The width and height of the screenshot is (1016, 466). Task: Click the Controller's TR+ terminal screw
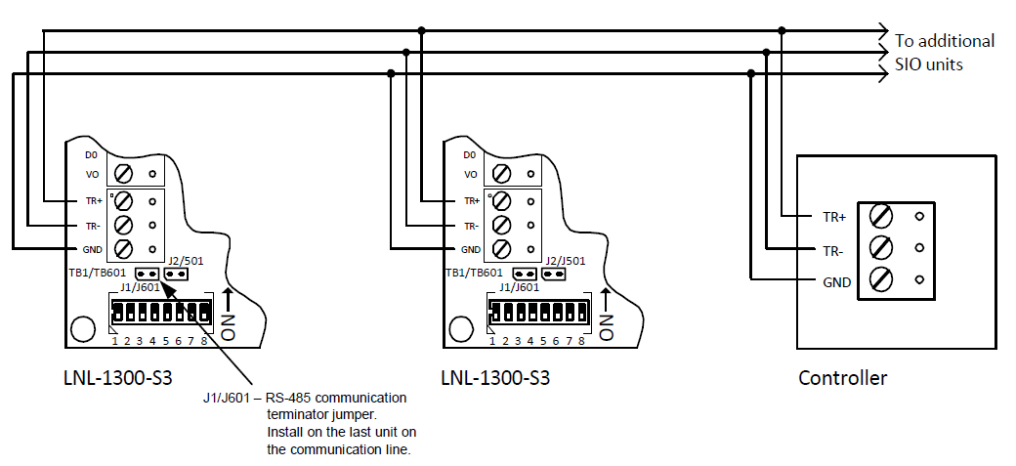pos(879,215)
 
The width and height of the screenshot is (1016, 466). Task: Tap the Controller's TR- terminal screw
pos(879,247)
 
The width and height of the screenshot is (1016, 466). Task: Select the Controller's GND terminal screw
pos(879,280)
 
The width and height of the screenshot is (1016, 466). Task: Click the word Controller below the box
pos(842,378)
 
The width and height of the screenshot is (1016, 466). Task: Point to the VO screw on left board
pos(124,174)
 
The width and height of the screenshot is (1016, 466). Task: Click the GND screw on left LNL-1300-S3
pos(124,248)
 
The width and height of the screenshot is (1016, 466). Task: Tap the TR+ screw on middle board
pos(501,201)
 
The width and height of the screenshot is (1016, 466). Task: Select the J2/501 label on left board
pos(187,261)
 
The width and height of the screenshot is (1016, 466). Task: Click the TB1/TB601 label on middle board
pos(474,273)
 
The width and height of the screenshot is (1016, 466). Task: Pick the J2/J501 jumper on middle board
pos(554,275)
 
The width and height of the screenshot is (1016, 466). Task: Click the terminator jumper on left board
pos(148,275)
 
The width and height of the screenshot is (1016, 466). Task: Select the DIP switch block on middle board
pos(538,313)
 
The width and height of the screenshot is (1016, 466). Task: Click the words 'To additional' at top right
pos(945,41)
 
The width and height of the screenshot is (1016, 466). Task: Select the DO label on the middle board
pos(470,155)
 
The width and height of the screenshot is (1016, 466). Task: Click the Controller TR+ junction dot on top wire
pos(783,30)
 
